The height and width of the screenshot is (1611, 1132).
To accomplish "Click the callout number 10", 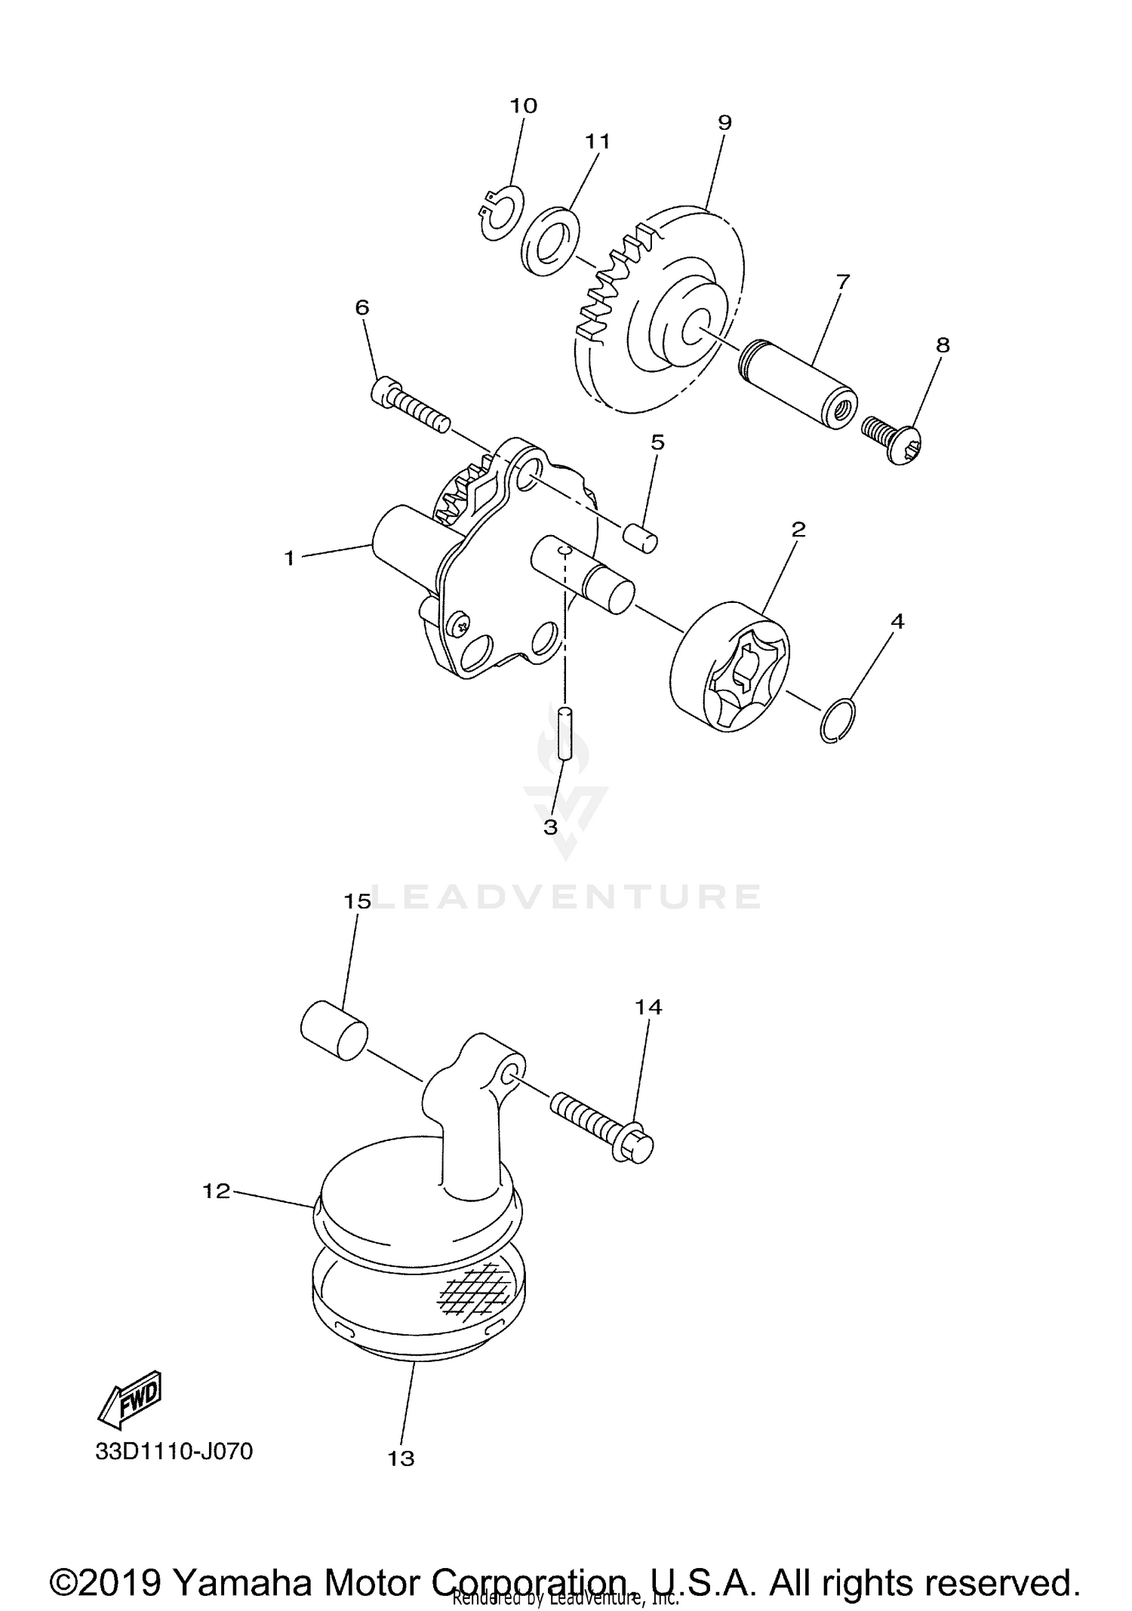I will (x=523, y=106).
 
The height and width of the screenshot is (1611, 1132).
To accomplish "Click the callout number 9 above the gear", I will (x=724, y=122).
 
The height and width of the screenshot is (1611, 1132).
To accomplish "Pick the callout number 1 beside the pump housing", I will (x=289, y=558).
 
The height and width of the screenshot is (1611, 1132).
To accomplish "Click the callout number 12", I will (x=216, y=1191).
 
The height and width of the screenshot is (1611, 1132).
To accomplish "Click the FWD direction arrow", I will (x=131, y=1397).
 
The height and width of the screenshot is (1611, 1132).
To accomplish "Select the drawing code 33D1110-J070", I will (x=174, y=1451).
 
